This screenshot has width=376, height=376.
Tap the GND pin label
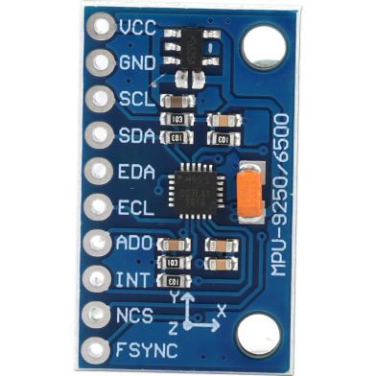pyautogui.click(x=136, y=62)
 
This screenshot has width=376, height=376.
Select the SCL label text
pyautogui.click(x=134, y=99)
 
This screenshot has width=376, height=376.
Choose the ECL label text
pyautogui.click(x=134, y=206)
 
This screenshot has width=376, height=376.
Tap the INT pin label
pyautogui.click(x=131, y=279)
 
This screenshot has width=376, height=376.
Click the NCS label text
pyautogui.click(x=136, y=315)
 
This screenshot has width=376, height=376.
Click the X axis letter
pyautogui.click(x=222, y=310)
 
